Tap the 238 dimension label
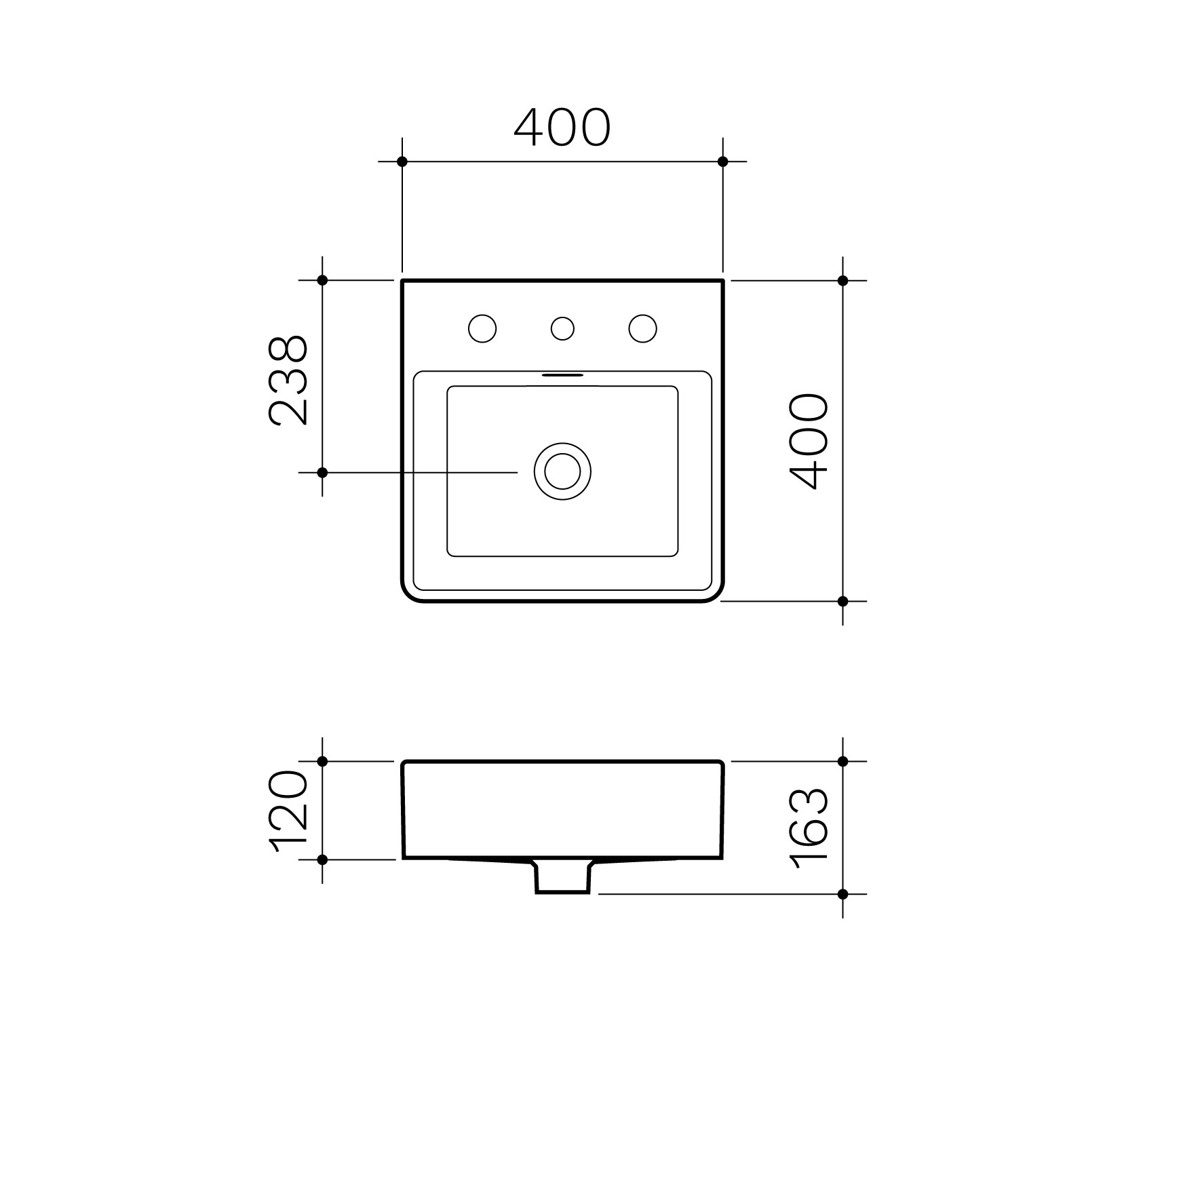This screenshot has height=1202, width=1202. (x=289, y=380)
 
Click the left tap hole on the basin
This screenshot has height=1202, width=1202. (x=482, y=328)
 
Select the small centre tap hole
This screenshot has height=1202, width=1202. (x=562, y=328)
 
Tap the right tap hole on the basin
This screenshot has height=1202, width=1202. (x=642, y=328)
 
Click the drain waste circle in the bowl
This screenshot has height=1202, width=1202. (x=562, y=471)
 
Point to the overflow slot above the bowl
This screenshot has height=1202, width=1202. (x=562, y=374)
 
